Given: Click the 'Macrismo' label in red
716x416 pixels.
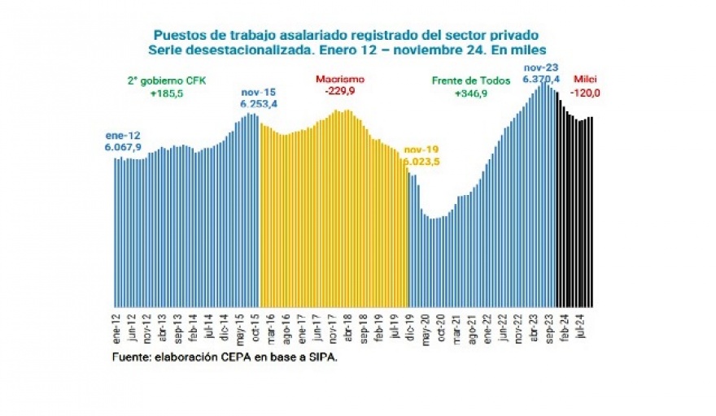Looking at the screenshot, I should tap(339, 80).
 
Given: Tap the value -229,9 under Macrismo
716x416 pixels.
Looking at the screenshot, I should tap(339, 92).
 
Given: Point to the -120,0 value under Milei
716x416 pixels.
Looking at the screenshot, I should tap(586, 92).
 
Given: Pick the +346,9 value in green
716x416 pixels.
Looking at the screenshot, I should tap(471, 94).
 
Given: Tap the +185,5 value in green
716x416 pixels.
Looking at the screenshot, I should tap(166, 94).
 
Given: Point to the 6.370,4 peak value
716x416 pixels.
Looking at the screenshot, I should tap(541, 80).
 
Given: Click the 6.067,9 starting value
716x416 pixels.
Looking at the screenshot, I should tap(124, 146).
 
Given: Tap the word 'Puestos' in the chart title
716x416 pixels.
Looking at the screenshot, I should tap(176, 37).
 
